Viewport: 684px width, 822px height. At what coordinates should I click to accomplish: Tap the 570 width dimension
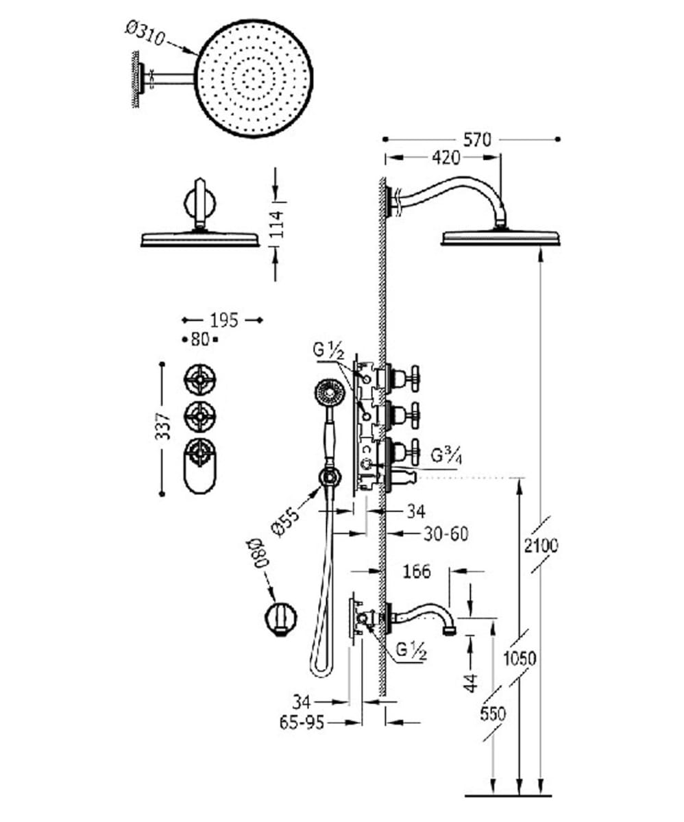click(478, 139)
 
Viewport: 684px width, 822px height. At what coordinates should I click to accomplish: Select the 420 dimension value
click(445, 157)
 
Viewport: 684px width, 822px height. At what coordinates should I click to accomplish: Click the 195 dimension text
click(224, 320)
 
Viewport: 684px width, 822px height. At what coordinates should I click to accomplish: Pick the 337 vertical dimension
click(164, 425)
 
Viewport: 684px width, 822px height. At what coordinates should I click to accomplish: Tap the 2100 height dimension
click(541, 546)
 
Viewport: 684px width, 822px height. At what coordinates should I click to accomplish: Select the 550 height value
click(493, 714)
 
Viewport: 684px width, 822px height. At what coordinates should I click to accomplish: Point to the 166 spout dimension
click(416, 571)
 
